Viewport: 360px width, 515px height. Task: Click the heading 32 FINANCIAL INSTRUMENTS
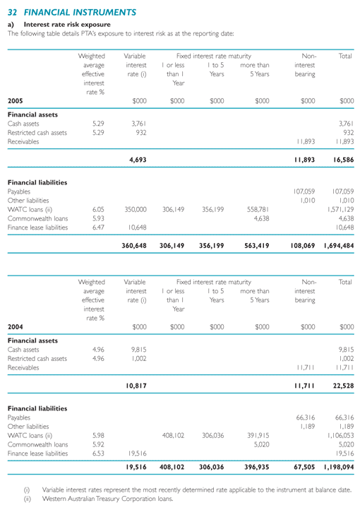pos(72,13)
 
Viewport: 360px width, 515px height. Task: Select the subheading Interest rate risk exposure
pos(67,25)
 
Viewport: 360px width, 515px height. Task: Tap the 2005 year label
pos(16,101)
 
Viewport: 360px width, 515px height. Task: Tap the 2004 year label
pos(16,327)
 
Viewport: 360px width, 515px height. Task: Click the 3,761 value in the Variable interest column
pos(139,124)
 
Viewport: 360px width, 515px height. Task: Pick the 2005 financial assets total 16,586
pos(343,160)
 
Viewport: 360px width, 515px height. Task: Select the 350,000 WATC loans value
pos(136,210)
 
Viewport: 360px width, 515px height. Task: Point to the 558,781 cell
pos(258,210)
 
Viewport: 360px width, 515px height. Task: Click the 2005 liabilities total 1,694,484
pos(339,246)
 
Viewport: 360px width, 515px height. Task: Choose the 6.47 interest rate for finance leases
pos(98,227)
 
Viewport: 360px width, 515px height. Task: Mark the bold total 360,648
pos(134,246)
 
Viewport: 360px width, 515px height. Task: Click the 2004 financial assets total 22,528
pos(343,386)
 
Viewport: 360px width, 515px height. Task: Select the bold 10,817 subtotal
pos(136,386)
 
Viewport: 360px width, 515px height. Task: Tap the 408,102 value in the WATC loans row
pos(173,435)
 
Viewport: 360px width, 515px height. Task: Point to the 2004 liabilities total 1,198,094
pos(339,467)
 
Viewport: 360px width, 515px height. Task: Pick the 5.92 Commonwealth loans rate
pos(98,444)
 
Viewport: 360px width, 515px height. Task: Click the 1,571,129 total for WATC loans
pos(341,210)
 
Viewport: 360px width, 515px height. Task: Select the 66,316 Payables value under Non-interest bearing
pos(305,418)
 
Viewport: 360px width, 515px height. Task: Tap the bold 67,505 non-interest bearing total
pos(304,467)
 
